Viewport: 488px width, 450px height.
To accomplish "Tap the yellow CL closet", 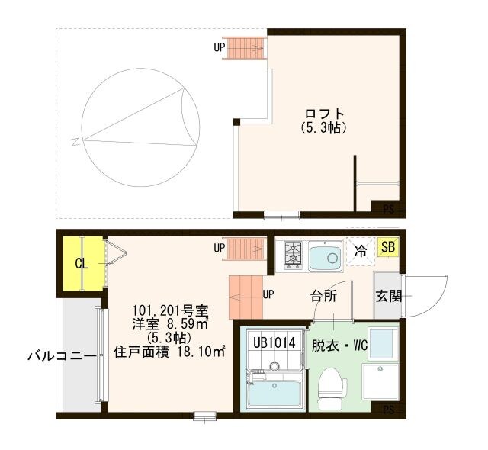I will coord(81,264).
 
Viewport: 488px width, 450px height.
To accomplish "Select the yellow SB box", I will coord(387,248).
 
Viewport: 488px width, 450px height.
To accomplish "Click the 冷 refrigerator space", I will coord(360,250).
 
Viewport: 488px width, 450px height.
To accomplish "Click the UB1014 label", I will coord(274,343).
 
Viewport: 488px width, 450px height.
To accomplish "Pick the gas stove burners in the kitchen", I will coord(294,256).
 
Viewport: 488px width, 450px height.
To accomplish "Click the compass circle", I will coord(141,127).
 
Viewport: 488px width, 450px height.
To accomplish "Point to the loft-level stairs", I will coord(245,48).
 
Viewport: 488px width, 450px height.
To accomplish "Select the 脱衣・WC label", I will coord(340,345).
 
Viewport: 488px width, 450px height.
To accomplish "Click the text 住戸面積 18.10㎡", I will coord(169,352).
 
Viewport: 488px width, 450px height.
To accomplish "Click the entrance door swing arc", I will coord(416,295).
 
